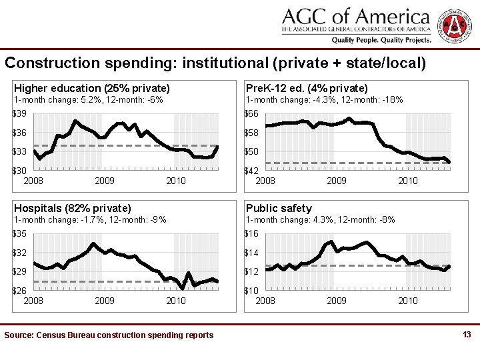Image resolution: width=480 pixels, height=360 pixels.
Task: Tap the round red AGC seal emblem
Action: point(455,25)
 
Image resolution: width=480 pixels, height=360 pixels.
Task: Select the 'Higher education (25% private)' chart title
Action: point(92,88)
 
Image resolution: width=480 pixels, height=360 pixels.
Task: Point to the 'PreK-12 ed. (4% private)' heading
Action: point(307,88)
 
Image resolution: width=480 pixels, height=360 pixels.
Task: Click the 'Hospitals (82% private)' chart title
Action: point(73,209)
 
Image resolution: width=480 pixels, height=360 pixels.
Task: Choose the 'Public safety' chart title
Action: point(279,209)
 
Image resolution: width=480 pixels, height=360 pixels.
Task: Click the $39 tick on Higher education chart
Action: point(23,113)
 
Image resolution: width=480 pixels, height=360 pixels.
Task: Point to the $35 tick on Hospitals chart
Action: point(23,234)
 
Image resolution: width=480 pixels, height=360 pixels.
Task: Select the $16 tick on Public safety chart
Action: point(252,234)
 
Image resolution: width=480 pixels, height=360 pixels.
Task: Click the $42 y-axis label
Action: point(252,171)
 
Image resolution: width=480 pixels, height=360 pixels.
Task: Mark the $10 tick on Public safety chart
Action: point(252,291)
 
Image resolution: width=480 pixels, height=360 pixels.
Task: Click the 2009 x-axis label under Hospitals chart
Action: point(105,301)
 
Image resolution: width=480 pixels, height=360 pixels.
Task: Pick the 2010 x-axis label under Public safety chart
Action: point(408,301)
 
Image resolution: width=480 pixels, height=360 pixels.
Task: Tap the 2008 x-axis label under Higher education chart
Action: point(34,181)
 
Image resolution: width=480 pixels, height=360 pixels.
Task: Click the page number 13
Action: point(467,334)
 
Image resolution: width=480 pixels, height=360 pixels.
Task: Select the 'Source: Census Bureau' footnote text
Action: point(109,335)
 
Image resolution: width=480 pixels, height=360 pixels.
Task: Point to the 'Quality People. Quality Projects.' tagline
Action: point(381,40)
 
